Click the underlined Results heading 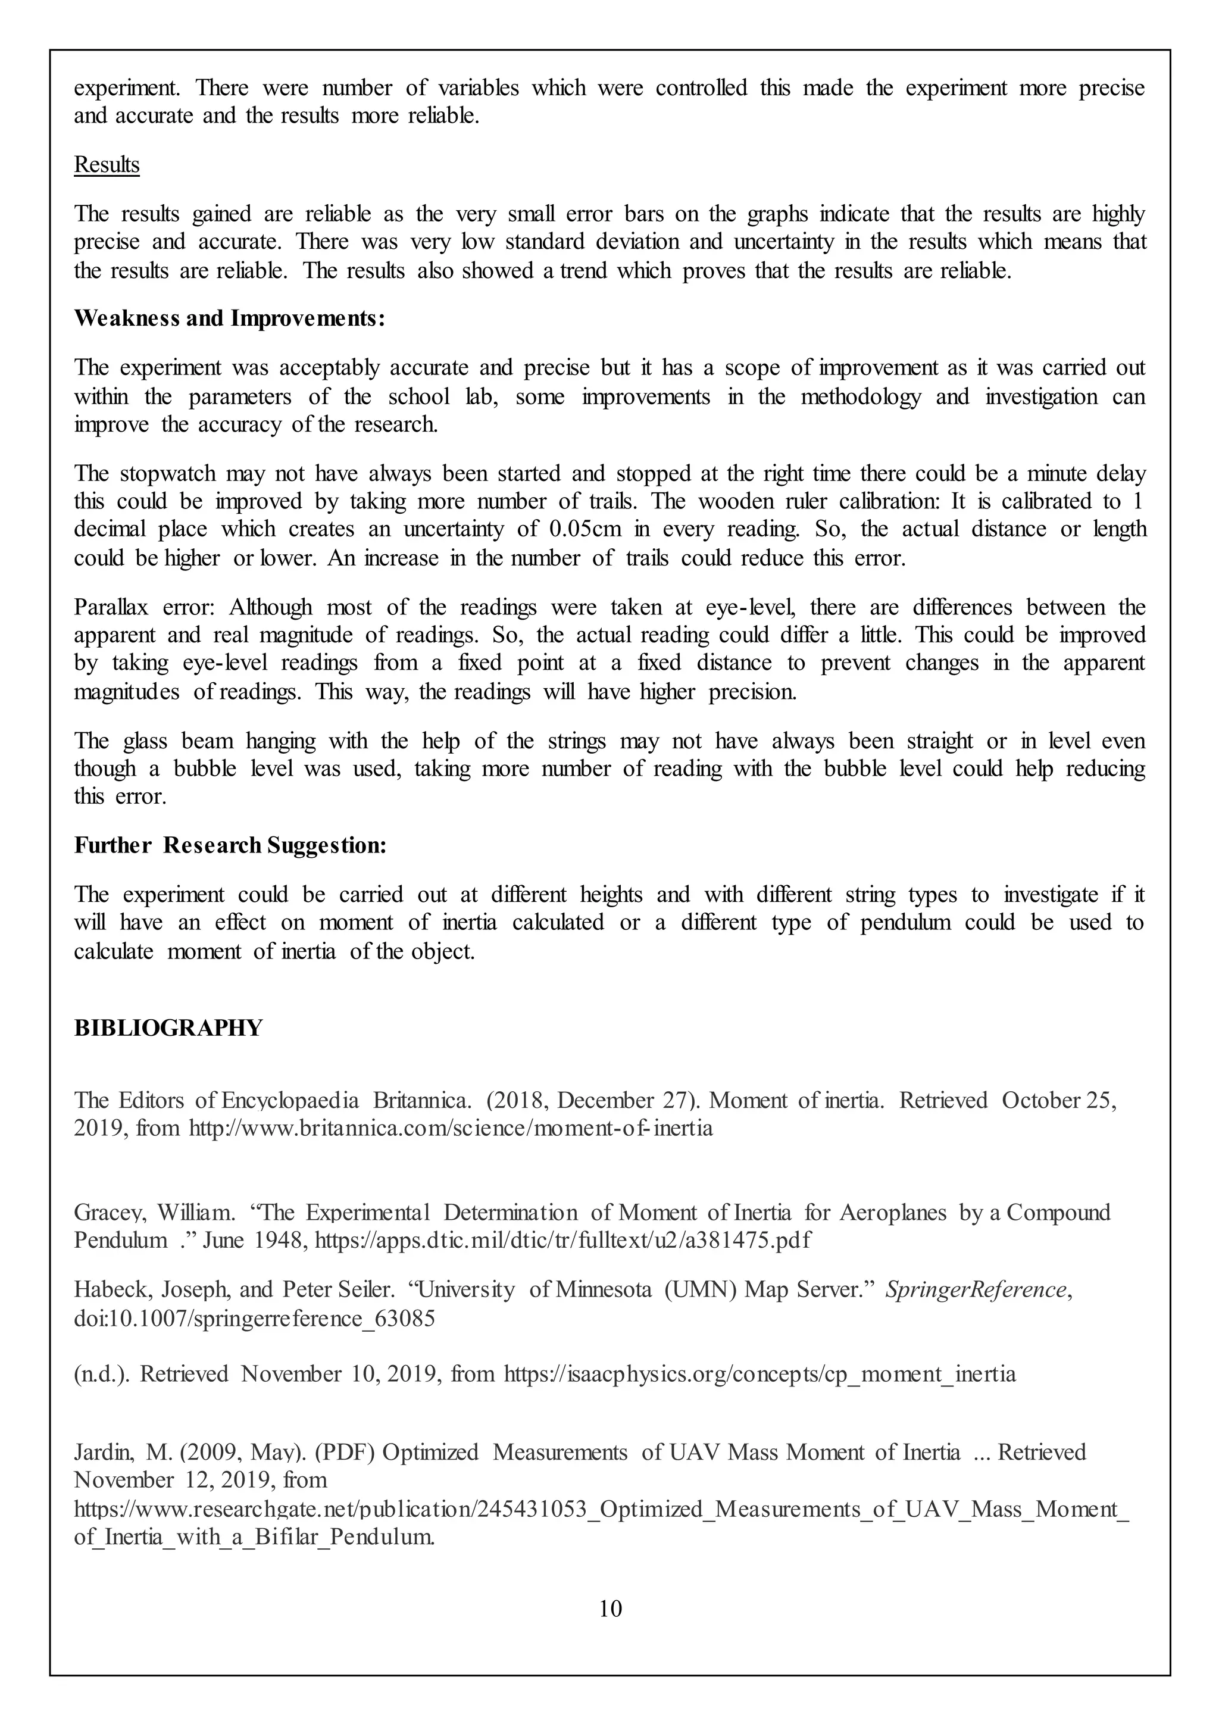(107, 164)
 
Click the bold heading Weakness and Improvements (230, 318)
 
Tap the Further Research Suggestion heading (230, 845)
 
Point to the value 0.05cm (586, 529)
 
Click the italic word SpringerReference (976, 1290)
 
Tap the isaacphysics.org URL (759, 1374)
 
